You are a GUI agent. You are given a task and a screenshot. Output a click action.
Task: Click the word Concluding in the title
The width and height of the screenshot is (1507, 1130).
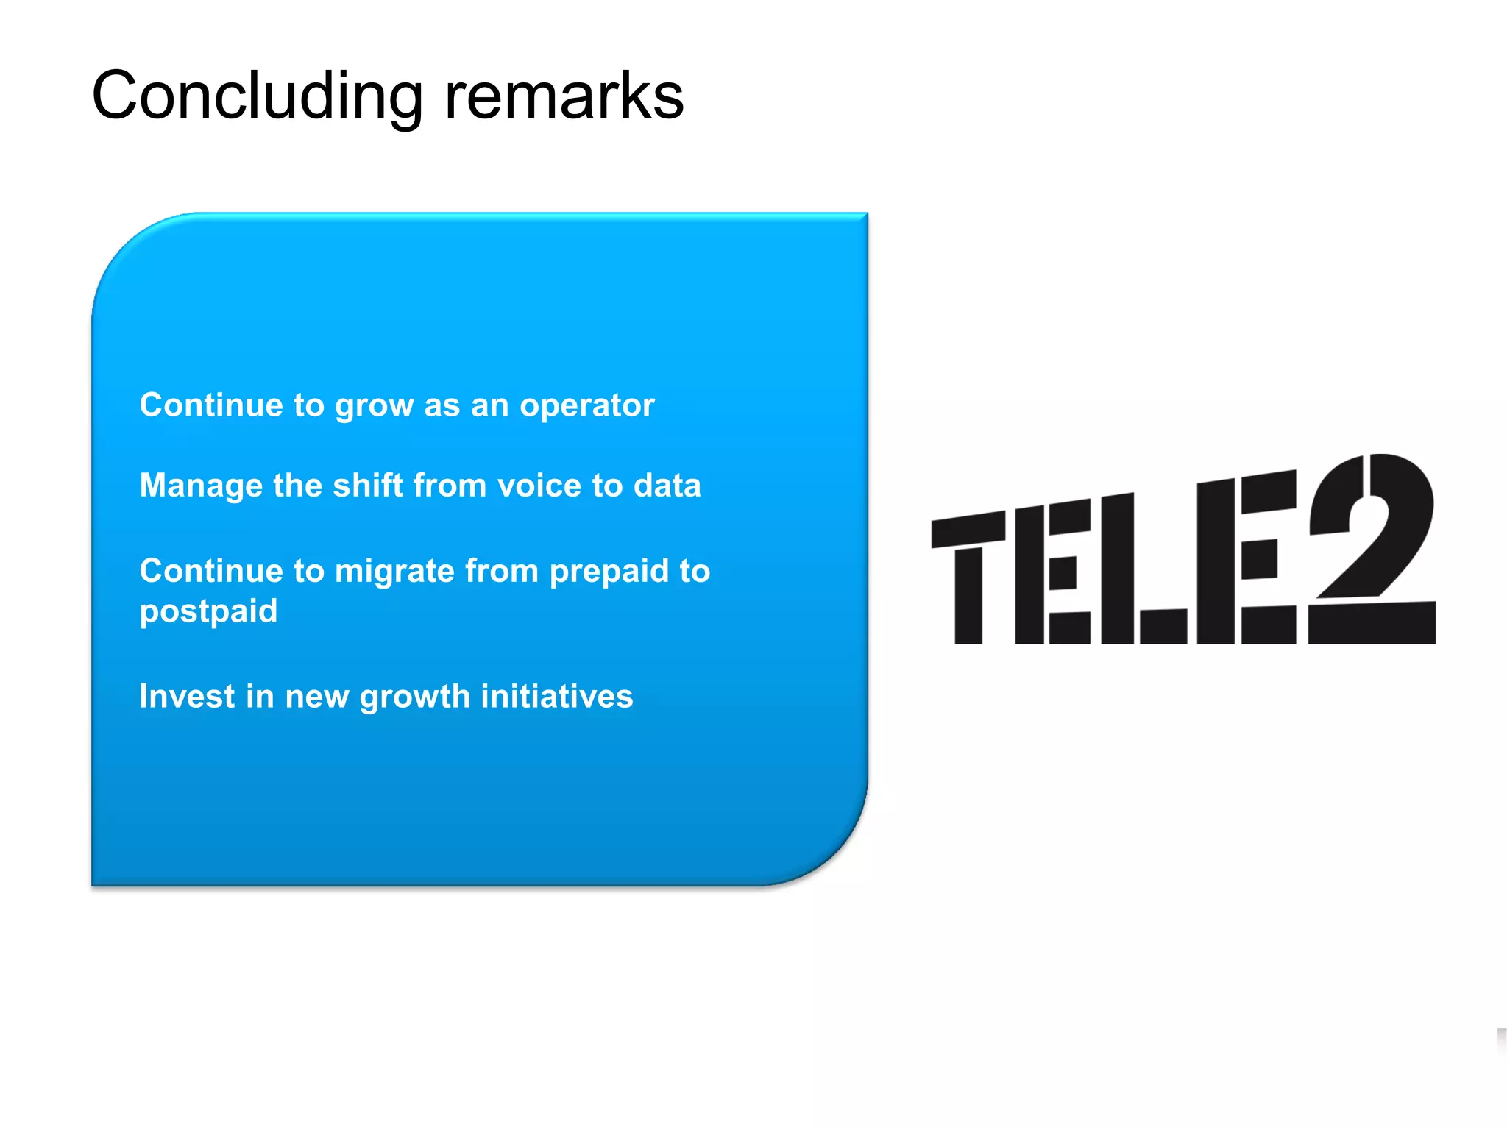[x=257, y=97]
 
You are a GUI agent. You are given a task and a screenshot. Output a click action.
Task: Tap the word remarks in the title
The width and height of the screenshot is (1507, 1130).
[x=564, y=96]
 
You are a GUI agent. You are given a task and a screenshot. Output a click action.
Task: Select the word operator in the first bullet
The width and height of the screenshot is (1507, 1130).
[x=586, y=405]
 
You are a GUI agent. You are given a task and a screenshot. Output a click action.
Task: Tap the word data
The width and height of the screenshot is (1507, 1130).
[x=667, y=486]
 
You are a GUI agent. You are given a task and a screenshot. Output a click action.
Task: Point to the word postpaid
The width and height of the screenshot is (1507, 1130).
[x=208, y=612]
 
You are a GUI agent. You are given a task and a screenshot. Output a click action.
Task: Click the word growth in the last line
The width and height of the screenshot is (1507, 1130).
[x=414, y=697]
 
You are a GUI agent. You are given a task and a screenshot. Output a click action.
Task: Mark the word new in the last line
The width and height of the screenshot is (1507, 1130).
[x=316, y=697]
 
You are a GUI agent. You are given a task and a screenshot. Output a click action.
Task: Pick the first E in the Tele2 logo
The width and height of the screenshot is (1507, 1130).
[x=1052, y=574]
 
